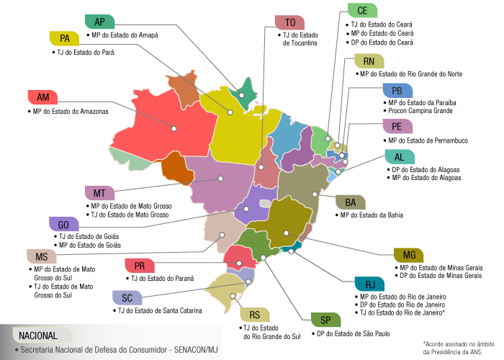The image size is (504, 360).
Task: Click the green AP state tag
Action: [x=99, y=21]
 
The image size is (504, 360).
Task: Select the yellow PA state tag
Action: [x=65, y=37]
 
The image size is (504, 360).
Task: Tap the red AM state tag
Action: [x=42, y=97]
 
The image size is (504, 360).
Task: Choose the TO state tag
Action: [x=289, y=22]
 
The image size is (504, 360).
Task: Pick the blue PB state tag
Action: [x=397, y=91]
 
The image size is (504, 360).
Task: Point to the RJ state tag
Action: [x=370, y=284]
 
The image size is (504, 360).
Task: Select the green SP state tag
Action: [x=325, y=320]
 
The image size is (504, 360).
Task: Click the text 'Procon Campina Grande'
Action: [x=420, y=112]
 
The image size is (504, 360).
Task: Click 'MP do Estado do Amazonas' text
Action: [x=70, y=112]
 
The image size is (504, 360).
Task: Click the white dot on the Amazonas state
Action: [x=174, y=129]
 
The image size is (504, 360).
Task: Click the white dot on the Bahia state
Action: [x=314, y=194]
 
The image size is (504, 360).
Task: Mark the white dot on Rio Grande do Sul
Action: [x=231, y=294]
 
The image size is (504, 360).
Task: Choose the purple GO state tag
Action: [x=63, y=224]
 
